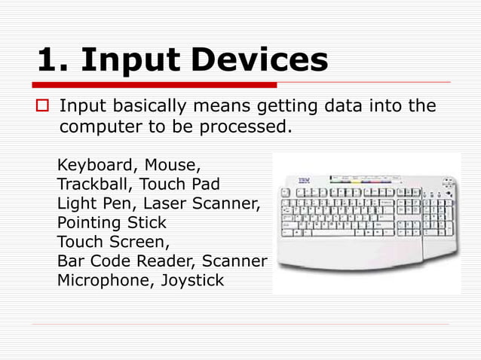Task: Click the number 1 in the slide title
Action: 47,60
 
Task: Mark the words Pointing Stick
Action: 112,223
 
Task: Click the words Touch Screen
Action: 112,243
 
